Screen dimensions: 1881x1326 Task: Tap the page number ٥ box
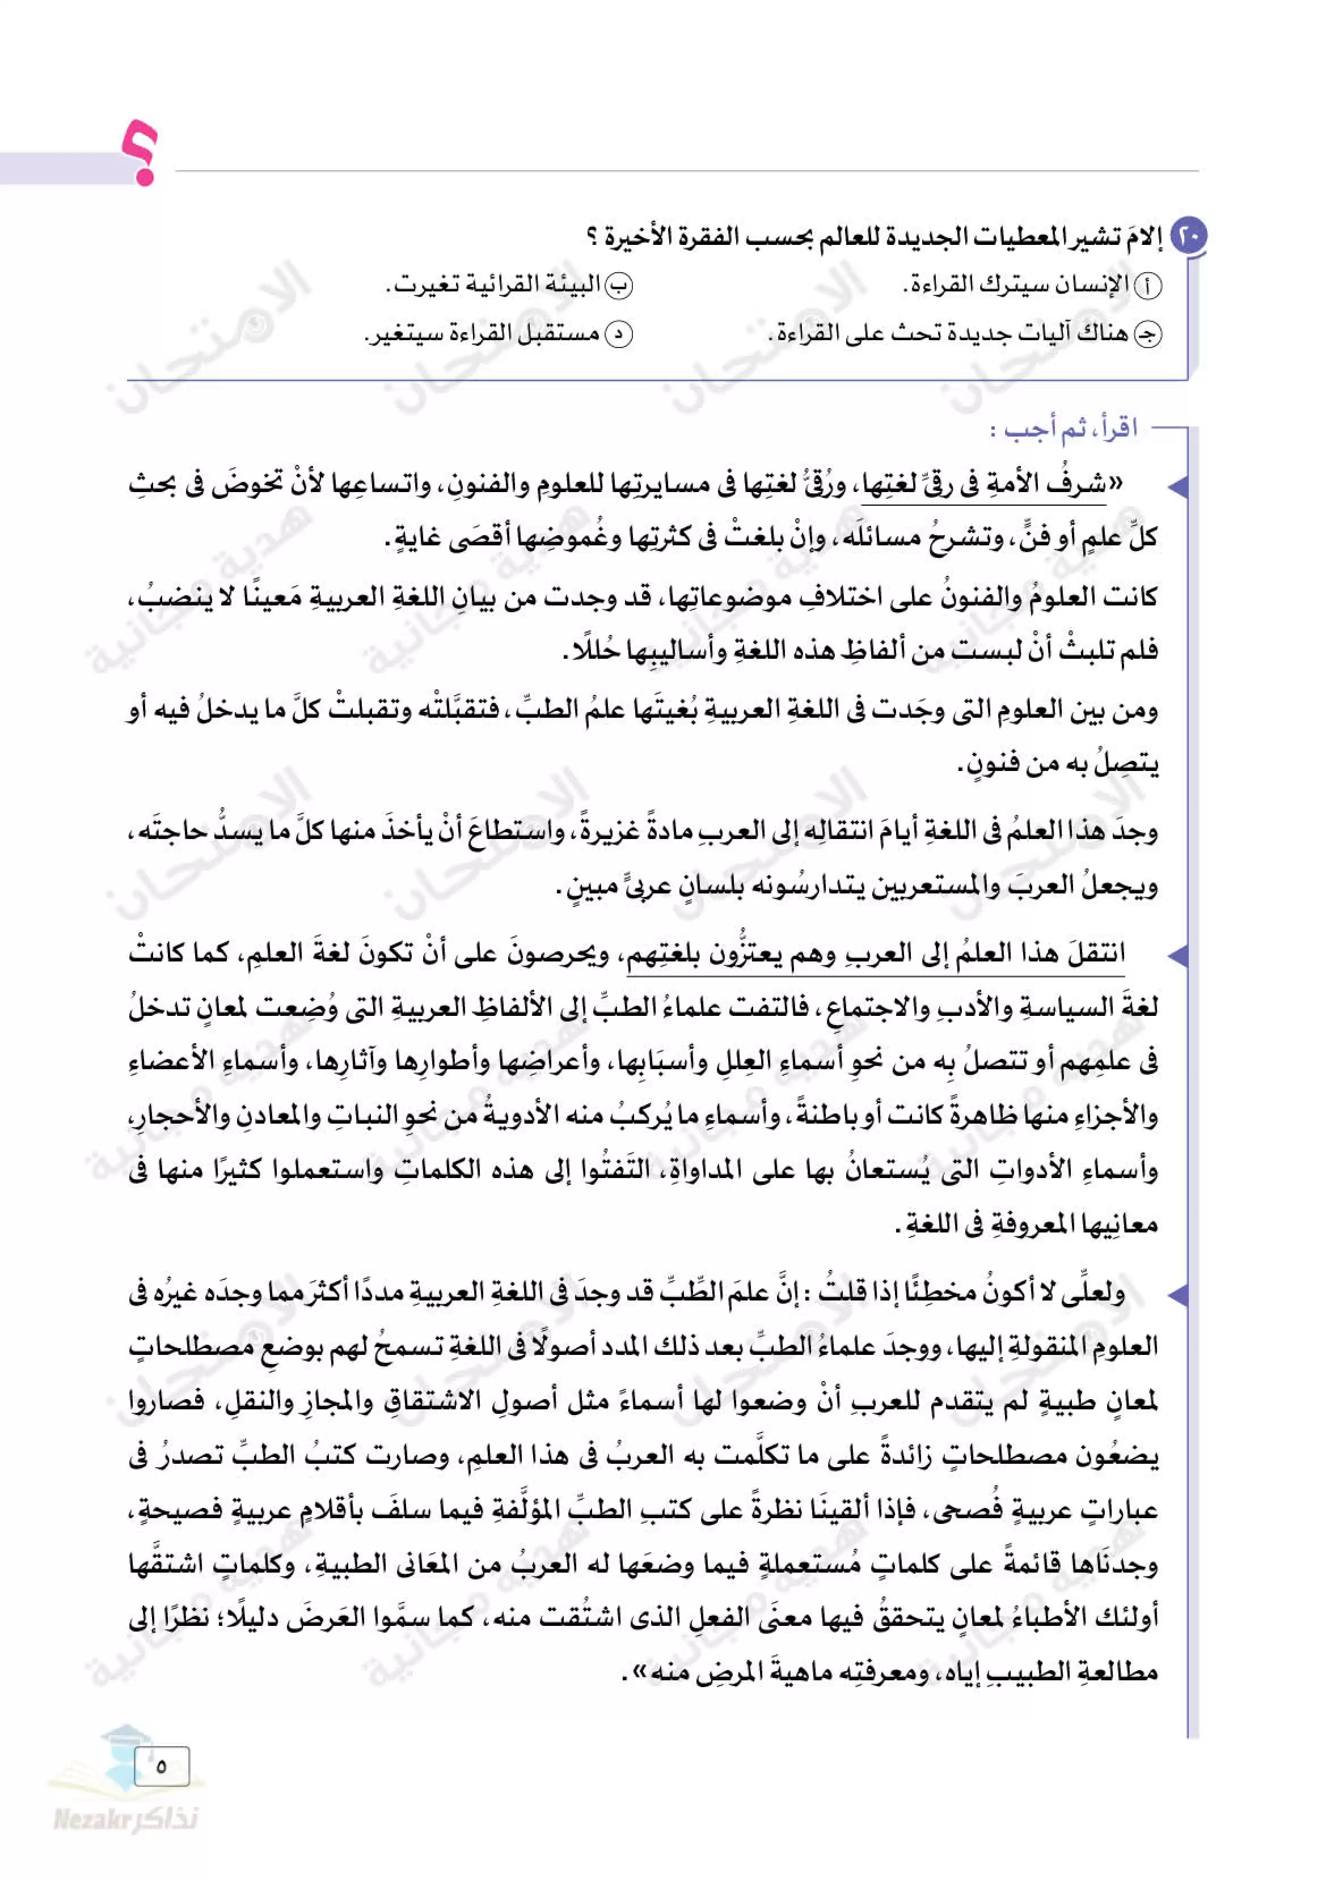coord(162,1766)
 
